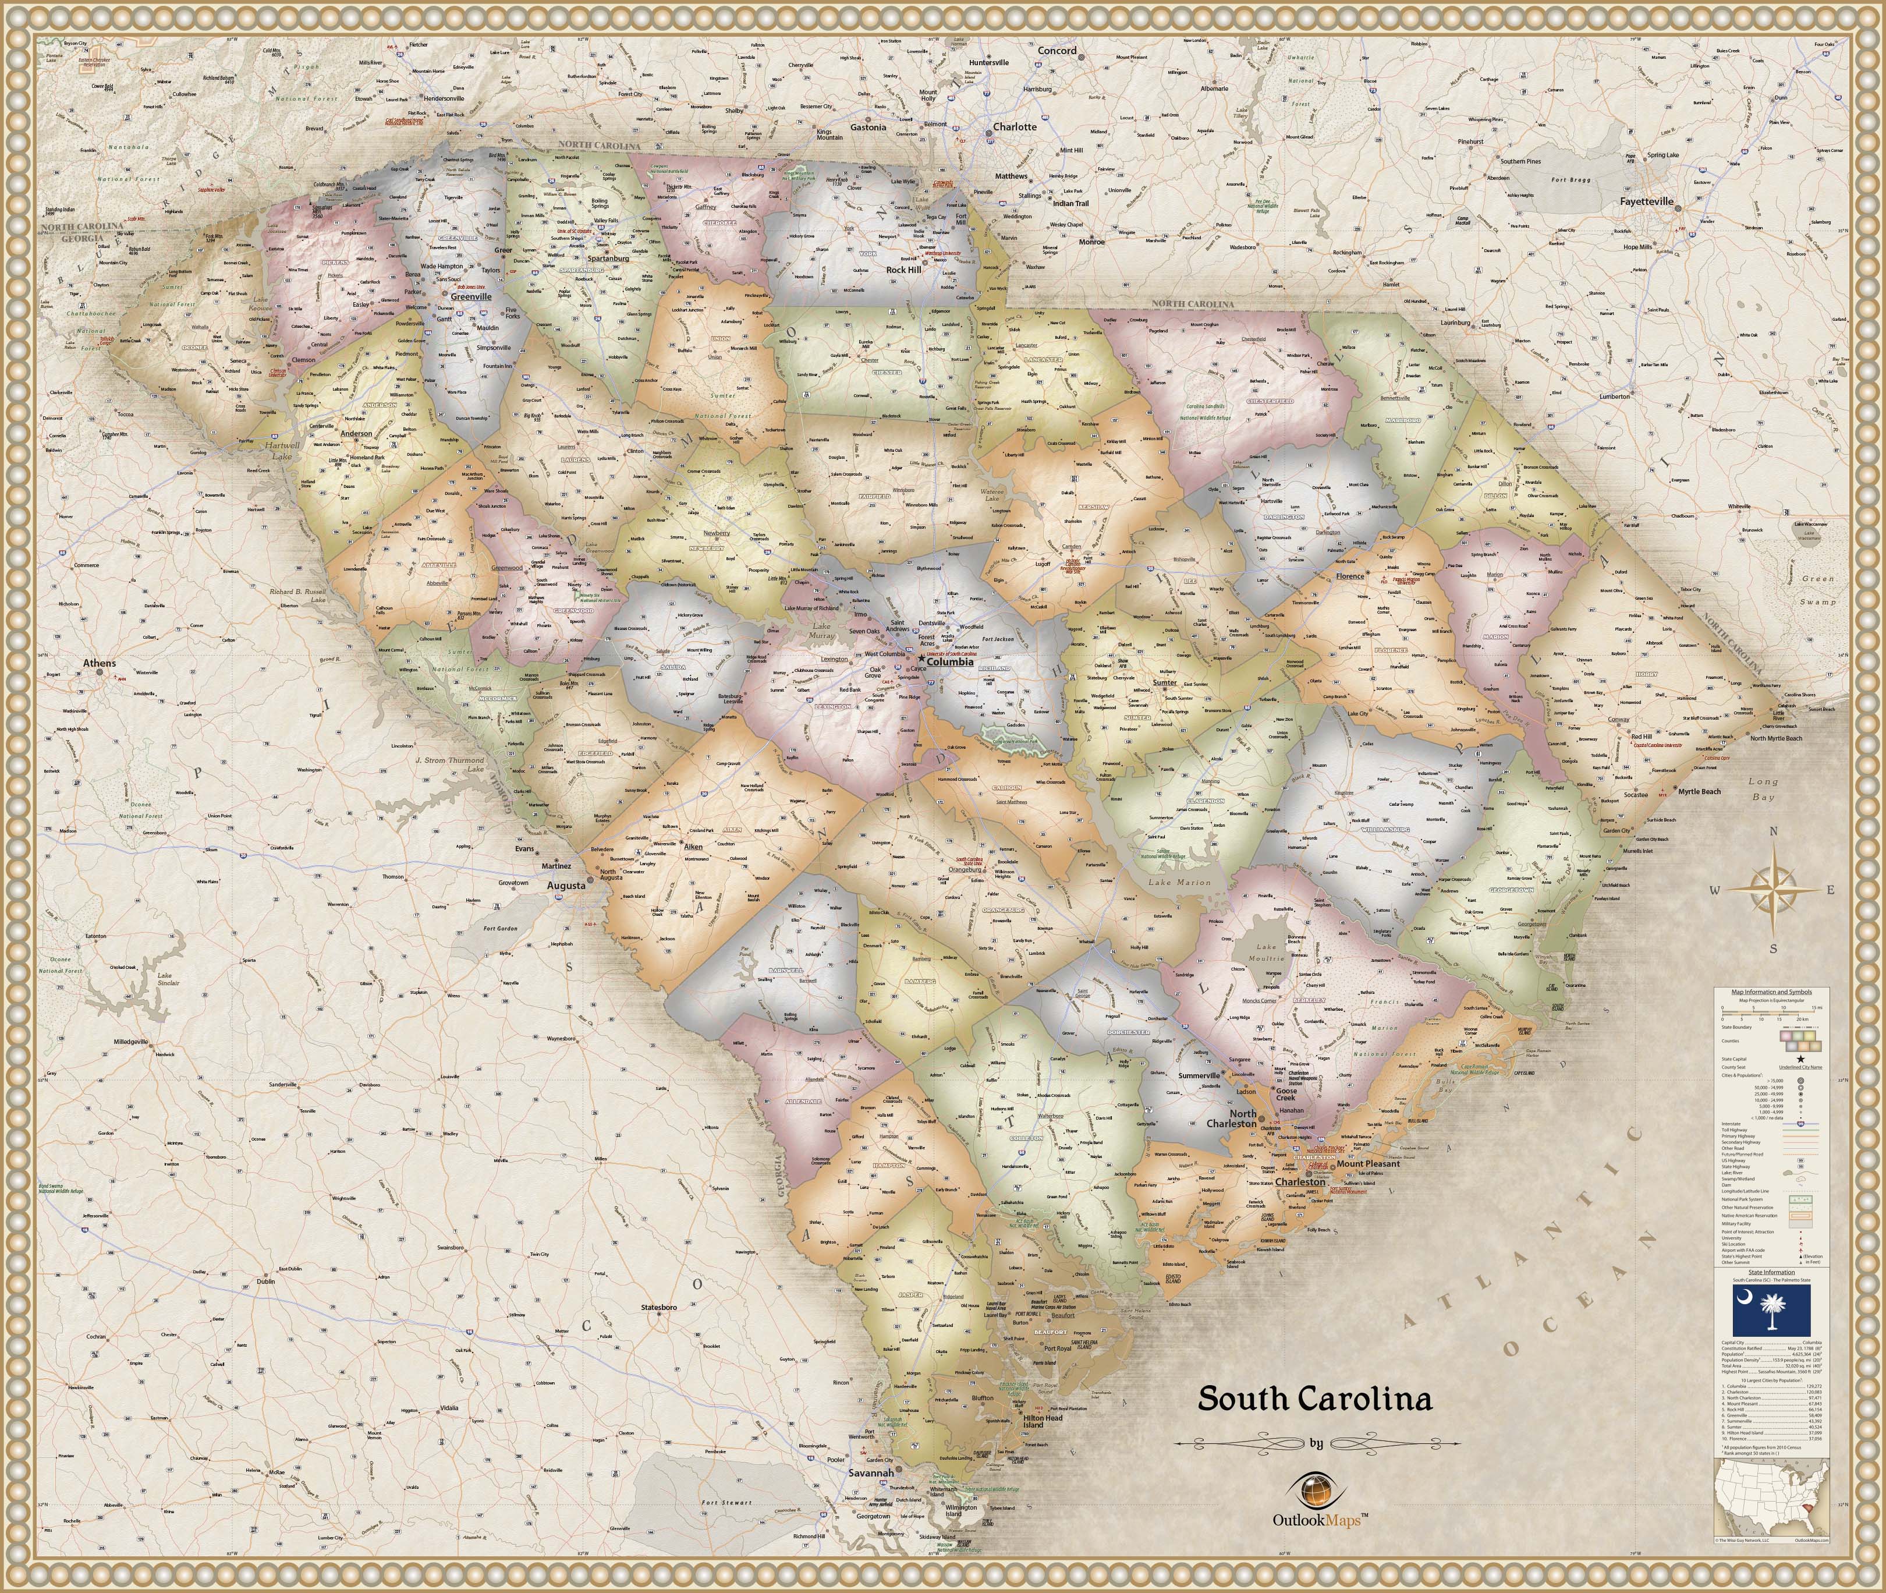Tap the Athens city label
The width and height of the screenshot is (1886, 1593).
pyautogui.click(x=100, y=663)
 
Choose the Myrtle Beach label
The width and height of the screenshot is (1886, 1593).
pyautogui.click(x=1699, y=792)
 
